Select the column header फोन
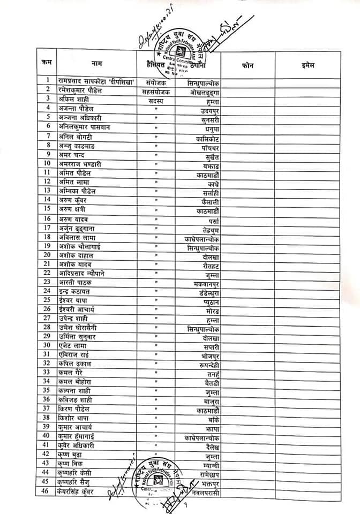click(x=247, y=64)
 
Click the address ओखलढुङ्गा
click(x=205, y=92)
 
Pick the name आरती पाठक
click(x=76, y=282)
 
